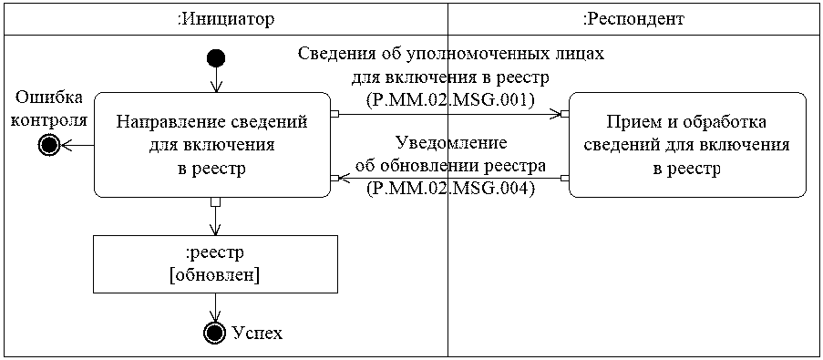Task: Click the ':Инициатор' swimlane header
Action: [x=225, y=18]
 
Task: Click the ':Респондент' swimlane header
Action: [x=633, y=18]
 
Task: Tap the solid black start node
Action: [x=216, y=59]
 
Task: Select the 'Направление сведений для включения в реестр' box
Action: [x=212, y=144]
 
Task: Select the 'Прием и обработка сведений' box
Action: [x=686, y=144]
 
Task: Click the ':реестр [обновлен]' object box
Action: [x=215, y=264]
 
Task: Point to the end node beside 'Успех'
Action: [x=215, y=333]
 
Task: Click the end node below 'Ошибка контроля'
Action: [x=50, y=145]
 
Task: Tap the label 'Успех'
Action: [x=258, y=333]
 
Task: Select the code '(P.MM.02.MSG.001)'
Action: [x=449, y=98]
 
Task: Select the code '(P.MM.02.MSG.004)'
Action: [x=449, y=189]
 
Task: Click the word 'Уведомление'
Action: [x=450, y=143]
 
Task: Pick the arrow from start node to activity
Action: [x=216, y=79]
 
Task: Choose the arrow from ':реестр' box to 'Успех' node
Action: [x=215, y=307]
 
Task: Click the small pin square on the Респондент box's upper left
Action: [x=565, y=114]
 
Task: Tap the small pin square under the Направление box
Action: [x=215, y=201]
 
